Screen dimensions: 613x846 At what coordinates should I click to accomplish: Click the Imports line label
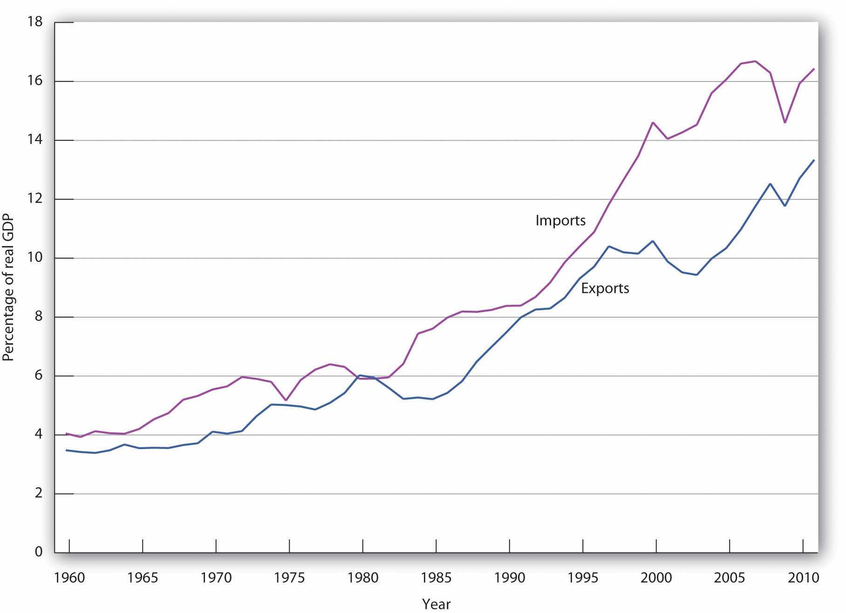tap(560, 220)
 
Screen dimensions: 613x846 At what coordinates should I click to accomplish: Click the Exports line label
tap(605, 288)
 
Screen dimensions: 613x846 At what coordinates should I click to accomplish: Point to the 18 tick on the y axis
tap(35, 22)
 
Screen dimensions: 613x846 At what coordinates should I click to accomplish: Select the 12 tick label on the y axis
tap(35, 199)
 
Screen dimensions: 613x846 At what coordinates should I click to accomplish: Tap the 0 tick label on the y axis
tap(39, 552)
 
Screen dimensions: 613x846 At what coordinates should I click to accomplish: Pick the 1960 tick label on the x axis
tap(69, 578)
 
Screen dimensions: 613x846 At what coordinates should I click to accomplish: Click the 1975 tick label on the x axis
tap(289, 578)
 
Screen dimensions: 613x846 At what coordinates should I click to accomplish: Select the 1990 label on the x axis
tap(509, 578)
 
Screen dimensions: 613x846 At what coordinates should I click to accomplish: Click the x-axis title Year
tap(437, 604)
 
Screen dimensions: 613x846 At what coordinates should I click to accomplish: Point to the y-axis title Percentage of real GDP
tap(8, 289)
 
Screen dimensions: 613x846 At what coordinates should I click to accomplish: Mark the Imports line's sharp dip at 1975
tap(286, 400)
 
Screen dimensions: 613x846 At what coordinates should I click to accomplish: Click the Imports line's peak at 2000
tap(653, 123)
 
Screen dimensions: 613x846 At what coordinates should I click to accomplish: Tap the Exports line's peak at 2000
tap(653, 241)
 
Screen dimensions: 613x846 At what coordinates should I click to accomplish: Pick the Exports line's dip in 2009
tap(785, 205)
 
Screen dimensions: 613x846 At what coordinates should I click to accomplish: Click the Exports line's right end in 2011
tap(814, 160)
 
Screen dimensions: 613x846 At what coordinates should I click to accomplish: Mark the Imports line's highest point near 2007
tap(755, 61)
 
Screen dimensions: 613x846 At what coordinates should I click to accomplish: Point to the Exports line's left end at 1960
tap(67, 450)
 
